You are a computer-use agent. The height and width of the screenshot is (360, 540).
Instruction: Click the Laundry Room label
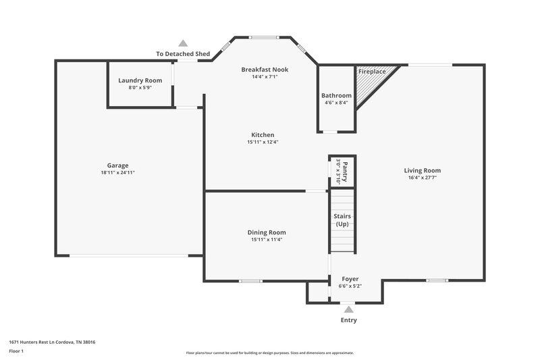pos(140,80)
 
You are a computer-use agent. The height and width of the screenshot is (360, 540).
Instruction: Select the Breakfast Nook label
pos(265,69)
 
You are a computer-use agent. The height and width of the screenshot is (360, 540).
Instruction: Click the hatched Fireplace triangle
pos(370,84)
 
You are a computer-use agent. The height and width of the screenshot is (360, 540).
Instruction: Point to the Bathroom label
pos(336,95)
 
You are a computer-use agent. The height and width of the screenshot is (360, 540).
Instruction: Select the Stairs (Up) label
pos(342,220)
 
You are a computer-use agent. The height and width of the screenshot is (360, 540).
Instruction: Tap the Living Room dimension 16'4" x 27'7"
pos(423,178)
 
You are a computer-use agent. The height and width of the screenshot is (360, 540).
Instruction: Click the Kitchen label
pos(263,134)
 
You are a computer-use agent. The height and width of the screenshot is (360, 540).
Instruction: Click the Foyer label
pos(350,279)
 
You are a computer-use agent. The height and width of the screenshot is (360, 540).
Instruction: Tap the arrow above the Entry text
pos(349,309)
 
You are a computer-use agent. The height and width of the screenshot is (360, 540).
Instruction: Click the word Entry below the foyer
pos(349,320)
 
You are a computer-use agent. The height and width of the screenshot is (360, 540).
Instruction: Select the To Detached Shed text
pos(182,53)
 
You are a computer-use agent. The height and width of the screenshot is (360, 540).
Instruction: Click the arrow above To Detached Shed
pos(183,43)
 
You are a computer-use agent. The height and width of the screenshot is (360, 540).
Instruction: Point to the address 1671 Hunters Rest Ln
pos(52,342)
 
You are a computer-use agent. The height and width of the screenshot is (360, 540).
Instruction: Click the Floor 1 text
pos(16,351)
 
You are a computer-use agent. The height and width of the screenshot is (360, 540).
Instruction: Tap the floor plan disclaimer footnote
pos(269,353)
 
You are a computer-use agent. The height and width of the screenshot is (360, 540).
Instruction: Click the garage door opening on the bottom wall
pos(128,256)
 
